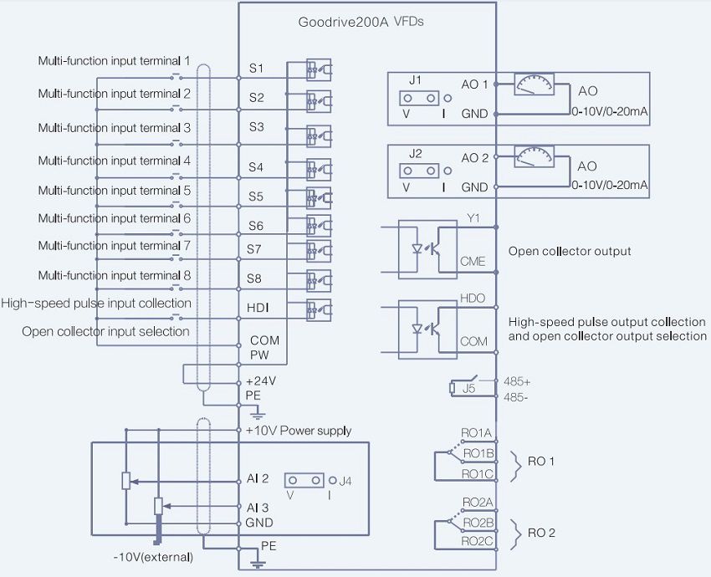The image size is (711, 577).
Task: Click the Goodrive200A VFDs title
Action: click(x=361, y=22)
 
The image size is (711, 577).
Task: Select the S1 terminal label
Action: click(x=256, y=66)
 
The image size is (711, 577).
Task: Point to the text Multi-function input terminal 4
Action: click(x=115, y=161)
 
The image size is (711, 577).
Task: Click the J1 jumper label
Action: click(x=415, y=81)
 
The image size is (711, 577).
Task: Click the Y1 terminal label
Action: click(x=473, y=217)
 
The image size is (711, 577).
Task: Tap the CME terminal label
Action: click(x=473, y=262)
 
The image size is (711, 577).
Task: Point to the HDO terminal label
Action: click(x=473, y=298)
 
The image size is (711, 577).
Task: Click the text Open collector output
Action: click(x=570, y=251)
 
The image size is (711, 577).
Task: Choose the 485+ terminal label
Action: click(x=516, y=380)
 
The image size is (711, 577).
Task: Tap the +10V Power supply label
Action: click(x=299, y=431)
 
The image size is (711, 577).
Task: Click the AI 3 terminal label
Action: click(x=258, y=507)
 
